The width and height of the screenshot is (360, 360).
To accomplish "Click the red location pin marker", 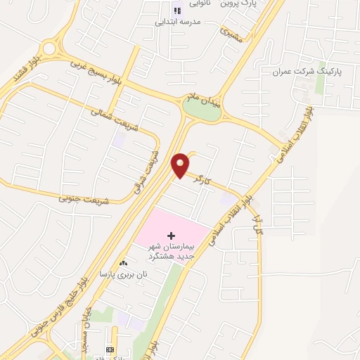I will click(180, 164).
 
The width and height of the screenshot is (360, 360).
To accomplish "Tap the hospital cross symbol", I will click(171, 233).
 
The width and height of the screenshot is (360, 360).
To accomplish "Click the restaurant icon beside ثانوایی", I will click(177, 10).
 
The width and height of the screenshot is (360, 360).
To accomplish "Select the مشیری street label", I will click(230, 34).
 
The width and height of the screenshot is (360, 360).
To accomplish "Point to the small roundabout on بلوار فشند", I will click(48, 49).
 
